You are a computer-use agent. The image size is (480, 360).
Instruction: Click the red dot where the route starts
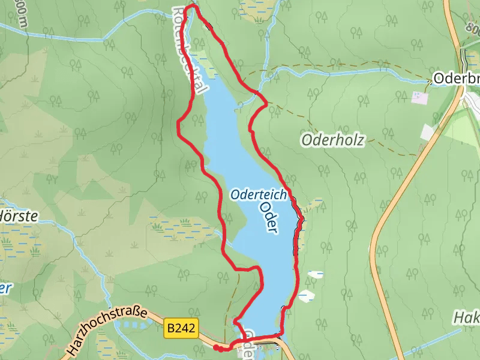[x=216, y=347]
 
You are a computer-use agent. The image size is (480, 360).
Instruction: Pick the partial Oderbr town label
[x=456, y=79]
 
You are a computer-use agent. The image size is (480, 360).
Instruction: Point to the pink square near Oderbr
[x=418, y=96]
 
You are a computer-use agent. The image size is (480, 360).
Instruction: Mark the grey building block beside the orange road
[x=430, y=132]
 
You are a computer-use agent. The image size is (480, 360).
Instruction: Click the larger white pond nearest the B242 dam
[x=305, y=296]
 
